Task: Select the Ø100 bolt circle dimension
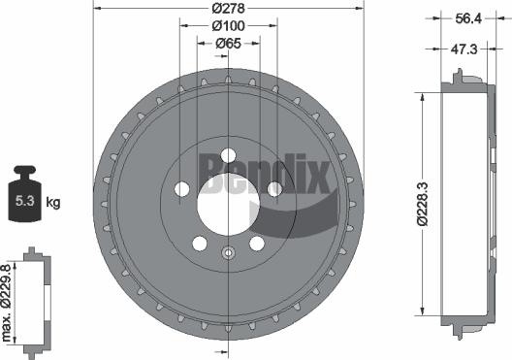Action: pos(228,26)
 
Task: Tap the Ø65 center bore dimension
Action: pos(228,43)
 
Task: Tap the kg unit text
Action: pos(54,203)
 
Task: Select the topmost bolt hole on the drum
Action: pos(228,154)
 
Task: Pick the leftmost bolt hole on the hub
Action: pos(181,189)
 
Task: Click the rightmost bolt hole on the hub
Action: pos(274,189)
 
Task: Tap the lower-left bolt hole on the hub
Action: pos(199,243)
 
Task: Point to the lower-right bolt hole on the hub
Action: pos(257,243)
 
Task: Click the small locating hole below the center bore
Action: pos(228,254)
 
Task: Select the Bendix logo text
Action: pos(267,175)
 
